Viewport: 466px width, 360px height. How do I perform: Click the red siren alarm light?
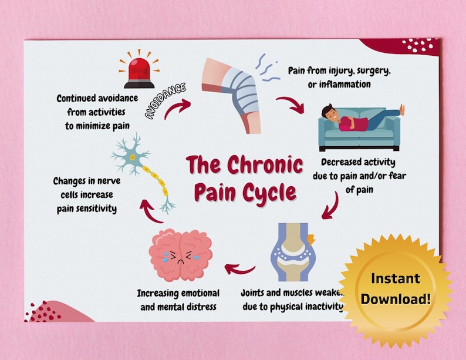tap(139, 71)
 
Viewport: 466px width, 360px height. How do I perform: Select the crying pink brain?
tap(181, 254)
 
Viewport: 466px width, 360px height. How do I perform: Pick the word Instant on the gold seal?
tap(395, 278)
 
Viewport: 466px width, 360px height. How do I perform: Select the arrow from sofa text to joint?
tap(332, 205)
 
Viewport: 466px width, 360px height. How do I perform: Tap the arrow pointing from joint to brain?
tap(240, 269)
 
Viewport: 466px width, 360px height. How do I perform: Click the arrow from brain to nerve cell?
tap(150, 213)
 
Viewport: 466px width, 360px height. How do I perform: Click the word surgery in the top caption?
tap(370, 71)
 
